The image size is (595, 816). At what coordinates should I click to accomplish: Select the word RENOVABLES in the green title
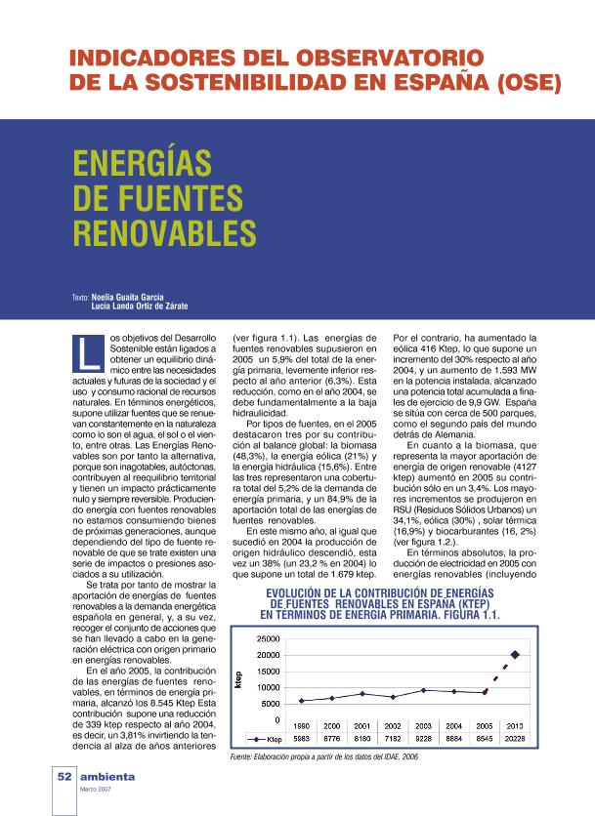click(x=165, y=232)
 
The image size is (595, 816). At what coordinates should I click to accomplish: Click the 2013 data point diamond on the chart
click(x=515, y=654)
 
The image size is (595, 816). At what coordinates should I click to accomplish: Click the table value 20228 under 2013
click(x=515, y=739)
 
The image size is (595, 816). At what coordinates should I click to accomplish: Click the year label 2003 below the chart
click(x=424, y=726)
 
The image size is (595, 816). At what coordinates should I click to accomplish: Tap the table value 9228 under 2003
click(x=424, y=739)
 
